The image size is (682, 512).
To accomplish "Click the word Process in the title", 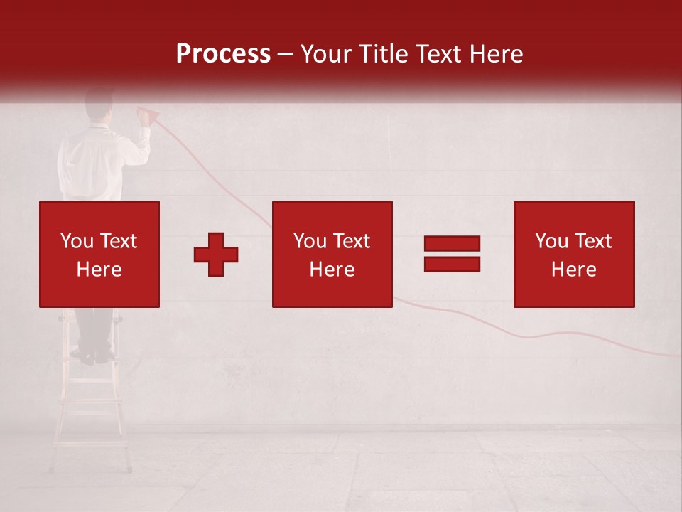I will pyautogui.click(x=223, y=54).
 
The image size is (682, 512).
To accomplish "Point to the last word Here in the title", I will pyautogui.click(x=495, y=54).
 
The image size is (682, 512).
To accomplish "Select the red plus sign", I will pyautogui.click(x=216, y=255).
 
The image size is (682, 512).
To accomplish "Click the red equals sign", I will pyautogui.click(x=452, y=254).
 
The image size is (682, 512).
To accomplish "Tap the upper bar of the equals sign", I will pyautogui.click(x=452, y=244).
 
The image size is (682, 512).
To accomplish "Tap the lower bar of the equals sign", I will pyautogui.click(x=452, y=264).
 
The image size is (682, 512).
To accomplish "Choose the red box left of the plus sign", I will pyautogui.click(x=99, y=254).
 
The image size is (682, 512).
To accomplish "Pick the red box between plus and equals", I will pyautogui.click(x=332, y=254).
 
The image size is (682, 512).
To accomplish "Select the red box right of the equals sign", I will pyautogui.click(x=574, y=254).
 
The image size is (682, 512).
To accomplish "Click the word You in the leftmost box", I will pyautogui.click(x=77, y=241).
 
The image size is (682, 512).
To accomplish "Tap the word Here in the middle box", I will pyautogui.click(x=332, y=270).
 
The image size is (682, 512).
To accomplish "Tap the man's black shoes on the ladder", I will pyautogui.click(x=95, y=356).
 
